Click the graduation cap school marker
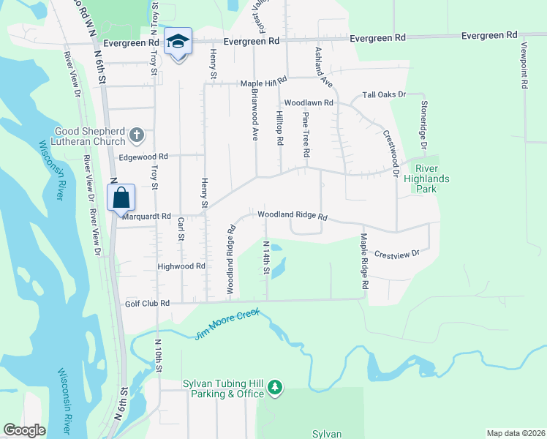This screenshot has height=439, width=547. pyautogui.click(x=177, y=42)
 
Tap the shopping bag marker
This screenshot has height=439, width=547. pyautogui.click(x=121, y=198)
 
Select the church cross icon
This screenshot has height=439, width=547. pyautogui.click(x=137, y=135)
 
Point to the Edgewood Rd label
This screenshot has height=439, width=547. pyautogui.click(x=143, y=157)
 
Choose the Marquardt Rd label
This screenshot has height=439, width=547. pyautogui.click(x=146, y=217)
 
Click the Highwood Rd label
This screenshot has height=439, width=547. pyautogui.click(x=181, y=267)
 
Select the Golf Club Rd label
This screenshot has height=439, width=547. pyautogui.click(x=147, y=303)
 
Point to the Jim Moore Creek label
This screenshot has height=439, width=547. pyautogui.click(x=228, y=327)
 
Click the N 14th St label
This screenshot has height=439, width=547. pyautogui.click(x=266, y=258)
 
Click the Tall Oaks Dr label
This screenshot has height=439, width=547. pyautogui.click(x=384, y=95)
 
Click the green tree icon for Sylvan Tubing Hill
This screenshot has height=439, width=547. pyautogui.click(x=274, y=386)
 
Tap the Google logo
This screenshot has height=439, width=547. pyautogui.click(x=25, y=430)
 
